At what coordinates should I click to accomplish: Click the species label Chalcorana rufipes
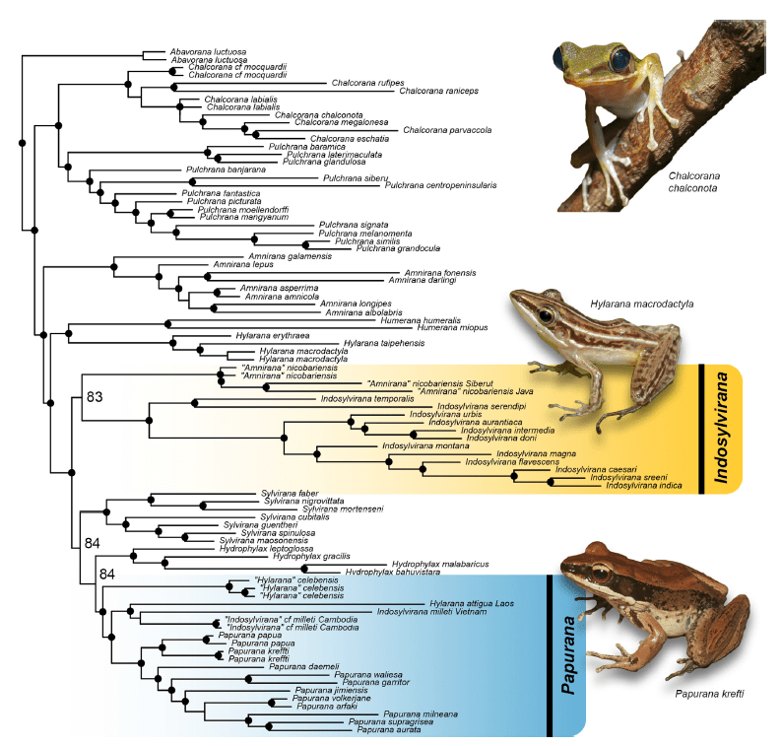click(x=359, y=83)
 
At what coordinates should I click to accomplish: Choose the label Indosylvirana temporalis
click(x=366, y=399)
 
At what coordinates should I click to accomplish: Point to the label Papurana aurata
click(x=389, y=730)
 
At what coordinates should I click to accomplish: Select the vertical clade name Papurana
click(x=568, y=655)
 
